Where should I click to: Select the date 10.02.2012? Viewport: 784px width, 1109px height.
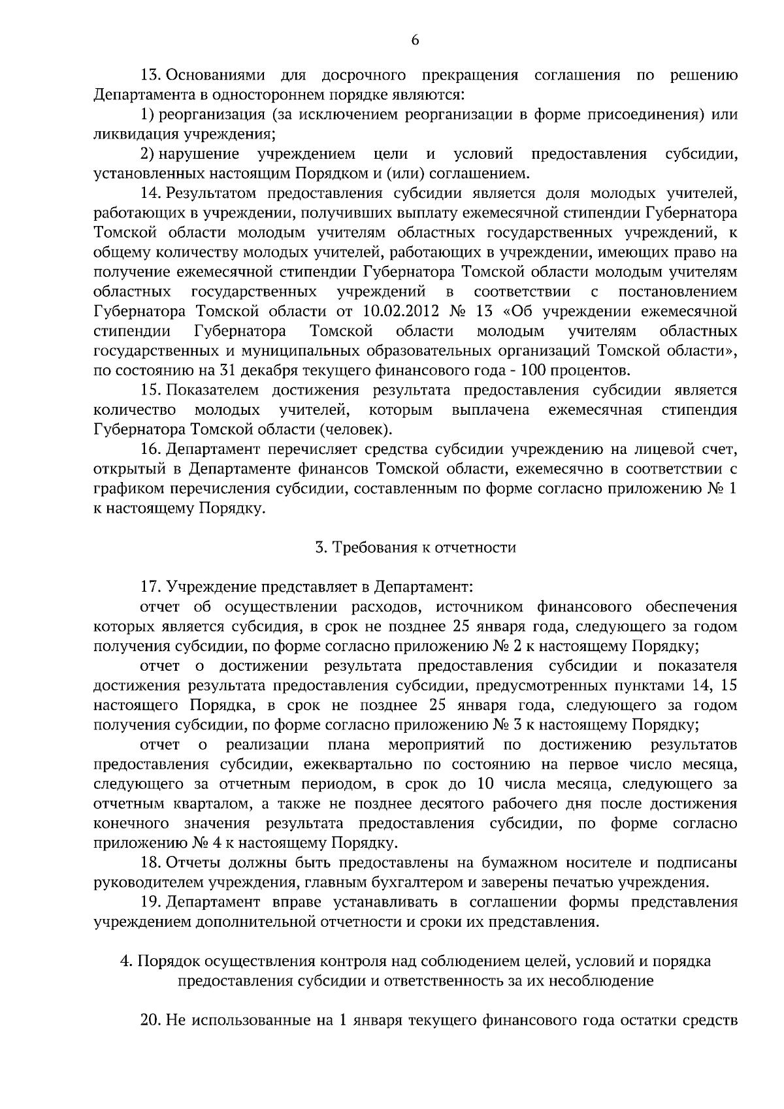pyautogui.click(x=397, y=310)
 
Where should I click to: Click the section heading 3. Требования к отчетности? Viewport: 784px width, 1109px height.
pyautogui.click(x=416, y=547)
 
